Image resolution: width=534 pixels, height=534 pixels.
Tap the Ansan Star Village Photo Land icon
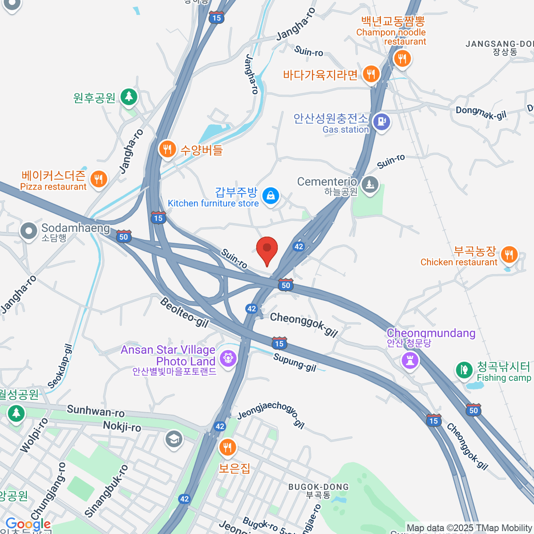click(x=228, y=358)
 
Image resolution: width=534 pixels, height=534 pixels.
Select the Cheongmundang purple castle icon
click(x=410, y=360)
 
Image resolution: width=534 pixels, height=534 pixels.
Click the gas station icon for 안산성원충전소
click(x=381, y=121)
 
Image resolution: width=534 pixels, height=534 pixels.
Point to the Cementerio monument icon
click(x=369, y=184)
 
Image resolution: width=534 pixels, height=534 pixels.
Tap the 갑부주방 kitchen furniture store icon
click(x=270, y=195)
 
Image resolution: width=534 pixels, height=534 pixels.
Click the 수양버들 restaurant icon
click(x=167, y=149)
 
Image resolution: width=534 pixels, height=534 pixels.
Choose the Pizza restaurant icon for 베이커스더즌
click(x=98, y=179)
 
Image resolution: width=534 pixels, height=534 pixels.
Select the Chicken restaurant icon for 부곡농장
click(x=509, y=255)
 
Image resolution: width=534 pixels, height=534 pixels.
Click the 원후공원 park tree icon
click(x=129, y=96)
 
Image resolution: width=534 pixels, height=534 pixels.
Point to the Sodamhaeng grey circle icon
click(x=29, y=231)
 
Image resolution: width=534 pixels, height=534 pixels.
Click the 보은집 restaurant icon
click(x=227, y=447)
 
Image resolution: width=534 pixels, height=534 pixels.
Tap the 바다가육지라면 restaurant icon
click(x=371, y=74)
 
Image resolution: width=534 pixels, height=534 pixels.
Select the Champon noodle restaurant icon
click(x=402, y=58)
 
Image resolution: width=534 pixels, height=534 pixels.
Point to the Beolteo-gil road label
click(x=184, y=312)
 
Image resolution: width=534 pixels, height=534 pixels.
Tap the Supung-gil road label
click(x=295, y=362)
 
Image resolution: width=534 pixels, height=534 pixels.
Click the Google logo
click(x=28, y=524)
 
